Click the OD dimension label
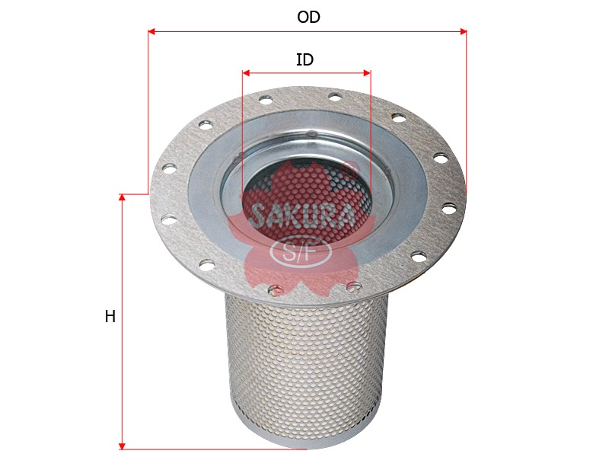point(308,18)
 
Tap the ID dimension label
point(304,60)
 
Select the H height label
point(110,317)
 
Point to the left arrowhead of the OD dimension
point(151,32)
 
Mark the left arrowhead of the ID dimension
point(246,73)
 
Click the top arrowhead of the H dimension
point(122,198)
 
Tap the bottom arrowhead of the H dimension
point(122,445)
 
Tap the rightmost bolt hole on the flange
point(448,207)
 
